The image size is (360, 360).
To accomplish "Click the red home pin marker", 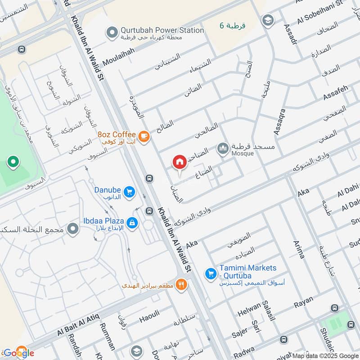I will click(180, 162).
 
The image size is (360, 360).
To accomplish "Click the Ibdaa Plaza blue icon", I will click(131, 222).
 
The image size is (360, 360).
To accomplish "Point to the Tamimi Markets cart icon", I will click(210, 273).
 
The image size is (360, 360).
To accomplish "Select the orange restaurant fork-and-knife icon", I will click(181, 284).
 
